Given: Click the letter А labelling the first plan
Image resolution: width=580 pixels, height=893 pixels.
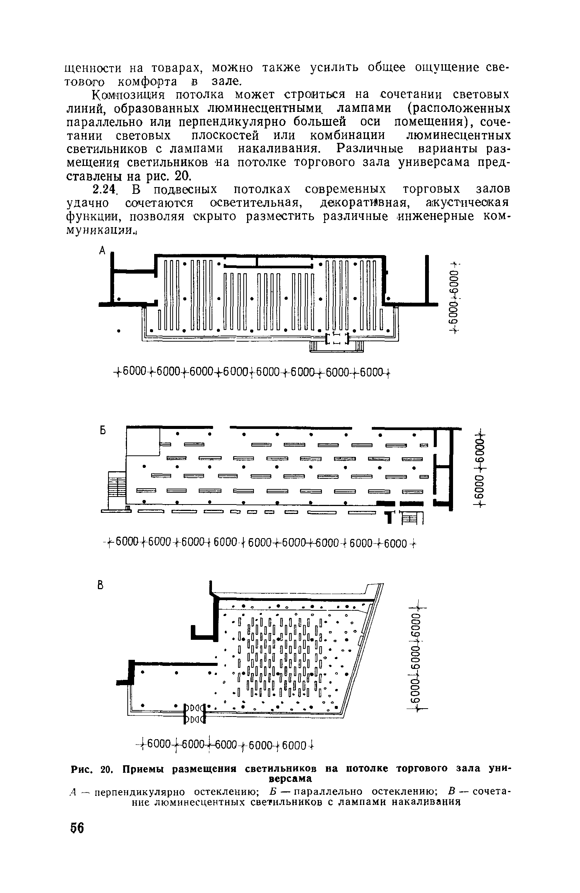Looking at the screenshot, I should click(102, 250).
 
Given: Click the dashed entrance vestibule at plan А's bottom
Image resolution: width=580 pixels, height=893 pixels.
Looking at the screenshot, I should click(337, 339).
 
